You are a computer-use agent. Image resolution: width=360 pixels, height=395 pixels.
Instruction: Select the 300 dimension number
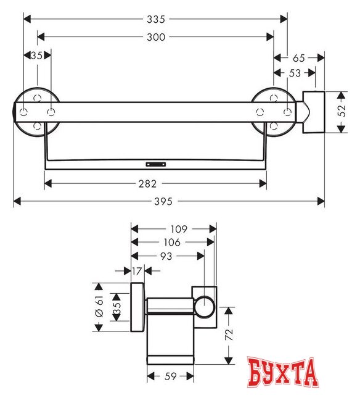[156, 37]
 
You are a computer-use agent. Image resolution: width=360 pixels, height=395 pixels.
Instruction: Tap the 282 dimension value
[156, 183]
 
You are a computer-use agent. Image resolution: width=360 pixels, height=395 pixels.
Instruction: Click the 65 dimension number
[299, 58]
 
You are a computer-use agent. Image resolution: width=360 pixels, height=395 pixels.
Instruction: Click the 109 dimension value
[174, 228]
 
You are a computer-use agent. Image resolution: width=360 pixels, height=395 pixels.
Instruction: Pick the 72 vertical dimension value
[229, 336]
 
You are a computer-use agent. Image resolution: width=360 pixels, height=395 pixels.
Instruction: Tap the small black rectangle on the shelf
[156, 165]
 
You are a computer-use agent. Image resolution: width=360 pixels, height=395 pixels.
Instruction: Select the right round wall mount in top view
[271, 112]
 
